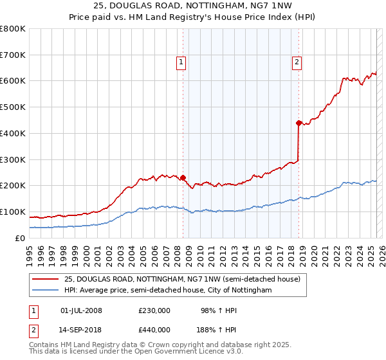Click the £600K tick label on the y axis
pyautogui.click(x=13, y=81)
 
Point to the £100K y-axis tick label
pyautogui.click(x=13, y=212)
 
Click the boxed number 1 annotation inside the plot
pyautogui.click(x=181, y=62)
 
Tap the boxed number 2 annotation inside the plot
pyautogui.click(x=297, y=62)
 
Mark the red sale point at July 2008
pyautogui.click(x=183, y=177)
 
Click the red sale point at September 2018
pyautogui.click(x=299, y=123)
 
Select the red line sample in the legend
pyautogui.click(x=45, y=279)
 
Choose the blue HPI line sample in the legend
pyautogui.click(x=45, y=291)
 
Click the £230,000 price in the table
pyautogui.click(x=154, y=310)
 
